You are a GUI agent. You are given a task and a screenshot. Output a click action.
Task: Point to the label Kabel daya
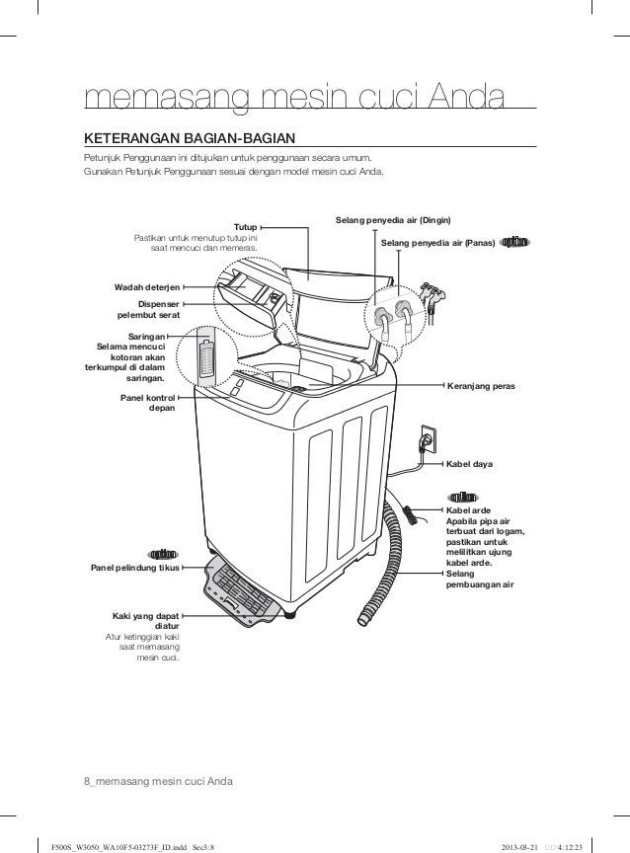(469, 462)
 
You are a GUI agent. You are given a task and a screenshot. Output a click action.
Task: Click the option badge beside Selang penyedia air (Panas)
(516, 241)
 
